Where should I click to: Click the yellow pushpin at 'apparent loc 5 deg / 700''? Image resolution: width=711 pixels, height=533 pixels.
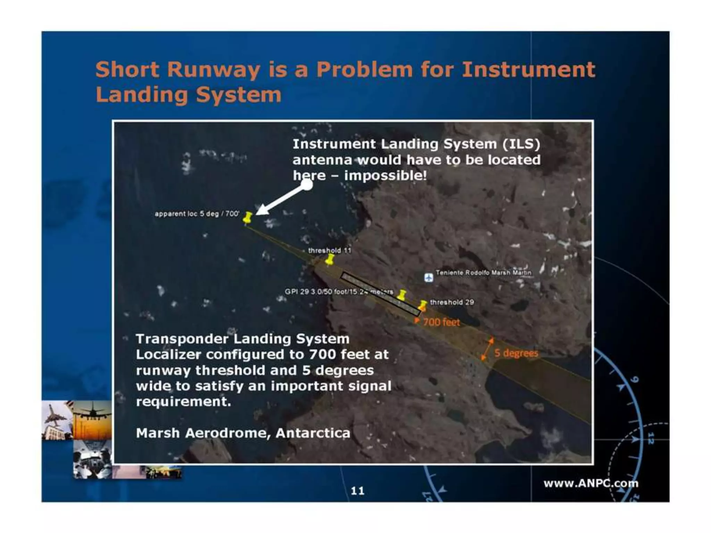[x=248, y=218]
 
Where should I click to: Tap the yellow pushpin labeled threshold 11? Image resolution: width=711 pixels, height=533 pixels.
[x=330, y=259]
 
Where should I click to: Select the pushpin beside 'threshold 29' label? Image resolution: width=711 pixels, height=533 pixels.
[x=423, y=306]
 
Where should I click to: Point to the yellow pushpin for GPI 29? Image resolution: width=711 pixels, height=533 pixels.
[x=402, y=295]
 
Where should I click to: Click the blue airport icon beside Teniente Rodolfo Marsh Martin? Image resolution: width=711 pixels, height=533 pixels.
[x=429, y=278]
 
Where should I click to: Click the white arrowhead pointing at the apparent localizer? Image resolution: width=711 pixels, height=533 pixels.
[x=262, y=210]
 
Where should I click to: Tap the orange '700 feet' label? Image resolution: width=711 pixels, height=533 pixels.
[x=441, y=322]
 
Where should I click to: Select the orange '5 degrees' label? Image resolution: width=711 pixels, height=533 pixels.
[x=516, y=353]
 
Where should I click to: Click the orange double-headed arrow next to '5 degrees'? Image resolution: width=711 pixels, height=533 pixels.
[x=487, y=349]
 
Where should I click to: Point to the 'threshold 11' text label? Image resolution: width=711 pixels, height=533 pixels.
[x=329, y=251]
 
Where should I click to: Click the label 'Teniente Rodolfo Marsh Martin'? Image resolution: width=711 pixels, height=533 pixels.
[x=484, y=273]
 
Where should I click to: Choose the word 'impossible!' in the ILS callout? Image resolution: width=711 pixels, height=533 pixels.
[x=385, y=176]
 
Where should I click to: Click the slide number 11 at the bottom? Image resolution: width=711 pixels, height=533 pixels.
[x=357, y=491]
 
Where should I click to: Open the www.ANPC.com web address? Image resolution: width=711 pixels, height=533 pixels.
[x=591, y=483]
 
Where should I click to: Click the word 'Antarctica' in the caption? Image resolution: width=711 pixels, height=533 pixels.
[x=313, y=433]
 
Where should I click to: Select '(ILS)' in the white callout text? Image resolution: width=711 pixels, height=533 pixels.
[x=521, y=144]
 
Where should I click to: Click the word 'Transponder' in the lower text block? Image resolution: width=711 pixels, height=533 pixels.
[x=182, y=339]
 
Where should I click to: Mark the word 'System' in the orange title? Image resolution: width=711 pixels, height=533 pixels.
[x=239, y=95]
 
